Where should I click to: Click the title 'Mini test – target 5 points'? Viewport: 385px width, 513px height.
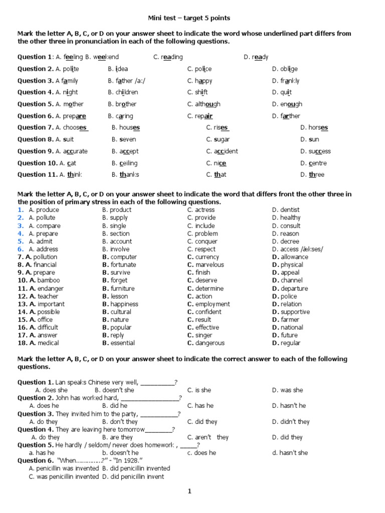point(192,18)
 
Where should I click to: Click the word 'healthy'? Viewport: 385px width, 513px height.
point(290,218)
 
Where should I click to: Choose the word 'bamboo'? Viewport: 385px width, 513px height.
point(48,281)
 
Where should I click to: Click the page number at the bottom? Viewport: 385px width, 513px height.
point(189,491)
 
